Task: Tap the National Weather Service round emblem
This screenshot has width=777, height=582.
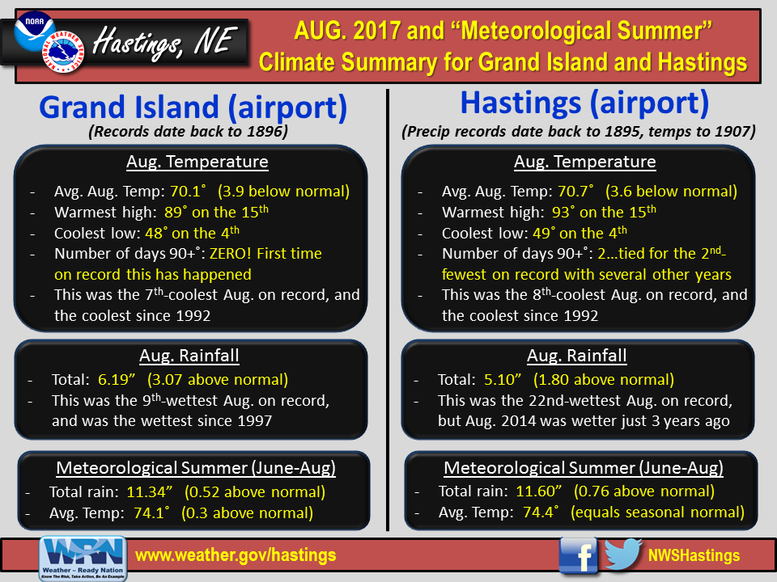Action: (63, 52)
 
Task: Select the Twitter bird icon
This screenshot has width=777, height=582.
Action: (623, 555)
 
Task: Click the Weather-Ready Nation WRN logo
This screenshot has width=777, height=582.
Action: (83, 559)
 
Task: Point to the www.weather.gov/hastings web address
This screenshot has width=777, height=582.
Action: (236, 555)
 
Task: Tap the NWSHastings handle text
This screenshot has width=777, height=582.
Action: (694, 556)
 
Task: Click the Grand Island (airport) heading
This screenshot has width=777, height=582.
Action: (193, 108)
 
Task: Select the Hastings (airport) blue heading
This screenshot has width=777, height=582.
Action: (584, 103)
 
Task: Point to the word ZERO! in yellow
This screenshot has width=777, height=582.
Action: (231, 253)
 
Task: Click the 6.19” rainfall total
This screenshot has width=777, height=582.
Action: (117, 380)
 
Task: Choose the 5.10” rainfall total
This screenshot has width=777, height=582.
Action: (503, 380)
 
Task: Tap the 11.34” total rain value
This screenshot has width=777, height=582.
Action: (150, 492)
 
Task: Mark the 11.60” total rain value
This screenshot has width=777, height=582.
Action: (539, 491)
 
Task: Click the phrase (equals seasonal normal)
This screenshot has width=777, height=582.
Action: (657, 512)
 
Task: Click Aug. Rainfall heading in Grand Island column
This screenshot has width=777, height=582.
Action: (189, 356)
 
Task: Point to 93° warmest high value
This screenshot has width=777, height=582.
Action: (563, 213)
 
